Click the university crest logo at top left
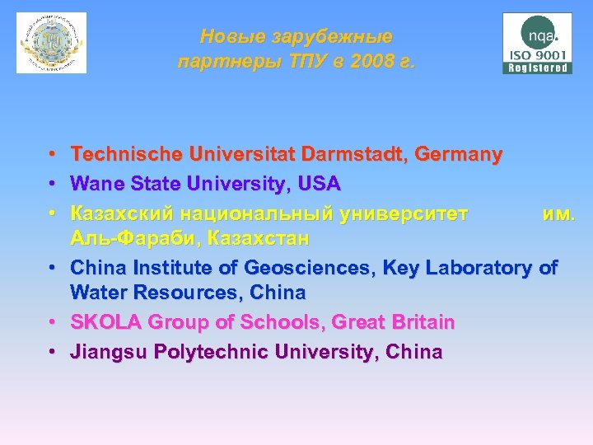(x=51, y=43)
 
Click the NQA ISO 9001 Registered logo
(x=537, y=43)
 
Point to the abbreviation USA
(x=320, y=182)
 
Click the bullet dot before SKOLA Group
(x=51, y=322)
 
